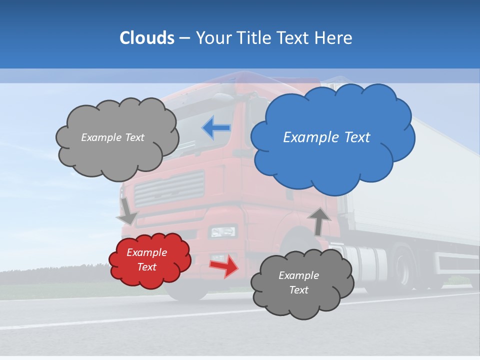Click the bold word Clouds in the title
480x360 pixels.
tap(146, 38)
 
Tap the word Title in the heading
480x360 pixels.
tap(254, 38)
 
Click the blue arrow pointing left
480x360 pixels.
tap(216, 128)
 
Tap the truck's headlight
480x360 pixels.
tap(223, 231)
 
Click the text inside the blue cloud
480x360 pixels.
tap(326, 137)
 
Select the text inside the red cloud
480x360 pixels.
tap(146, 259)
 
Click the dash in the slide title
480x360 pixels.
tap(184, 38)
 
